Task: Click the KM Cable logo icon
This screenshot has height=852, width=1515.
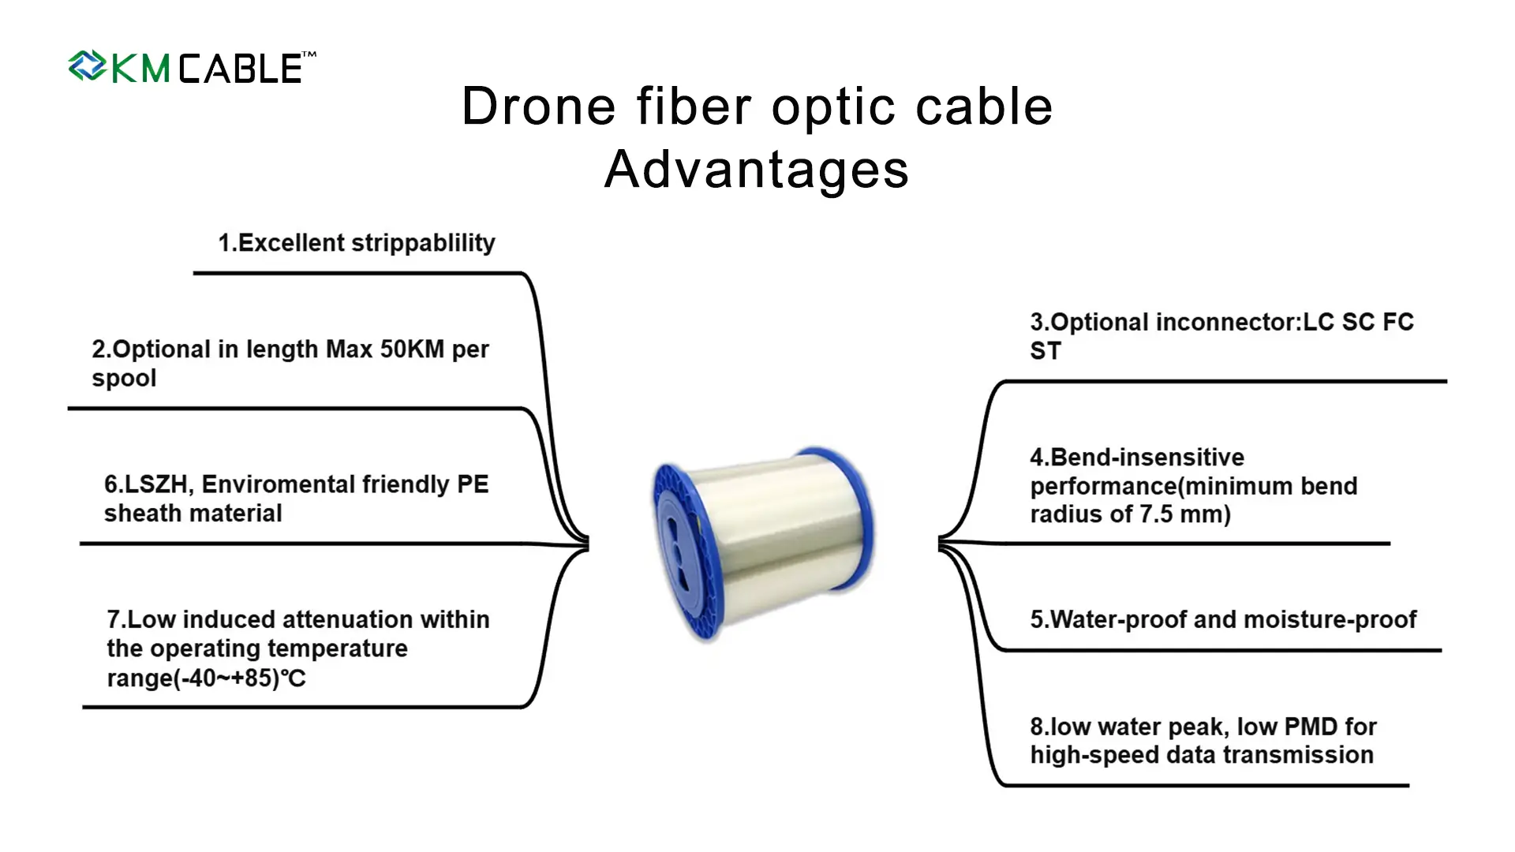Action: [87, 66]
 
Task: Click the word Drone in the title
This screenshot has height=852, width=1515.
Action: [538, 106]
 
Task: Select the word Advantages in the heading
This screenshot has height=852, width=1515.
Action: [757, 170]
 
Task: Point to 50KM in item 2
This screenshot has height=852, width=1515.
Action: [412, 349]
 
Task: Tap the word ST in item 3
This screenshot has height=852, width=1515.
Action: [1046, 352]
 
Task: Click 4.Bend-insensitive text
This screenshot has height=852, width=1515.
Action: [1137, 458]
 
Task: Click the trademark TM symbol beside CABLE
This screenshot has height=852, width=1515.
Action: [309, 54]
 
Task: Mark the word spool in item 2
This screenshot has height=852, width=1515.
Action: [124, 379]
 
